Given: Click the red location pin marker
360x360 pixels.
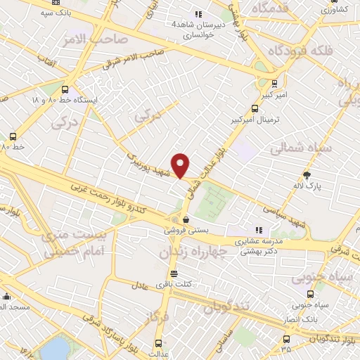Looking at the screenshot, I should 181,165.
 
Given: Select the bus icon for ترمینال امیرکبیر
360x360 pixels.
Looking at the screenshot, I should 254,108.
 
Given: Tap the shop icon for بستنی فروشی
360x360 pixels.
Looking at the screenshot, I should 186,220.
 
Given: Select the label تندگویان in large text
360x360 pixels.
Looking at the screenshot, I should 228,307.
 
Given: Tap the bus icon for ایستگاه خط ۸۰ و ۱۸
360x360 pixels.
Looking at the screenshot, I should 65,90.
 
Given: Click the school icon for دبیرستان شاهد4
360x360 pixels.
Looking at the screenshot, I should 198,13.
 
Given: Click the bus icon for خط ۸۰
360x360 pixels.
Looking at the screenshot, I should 13,136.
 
